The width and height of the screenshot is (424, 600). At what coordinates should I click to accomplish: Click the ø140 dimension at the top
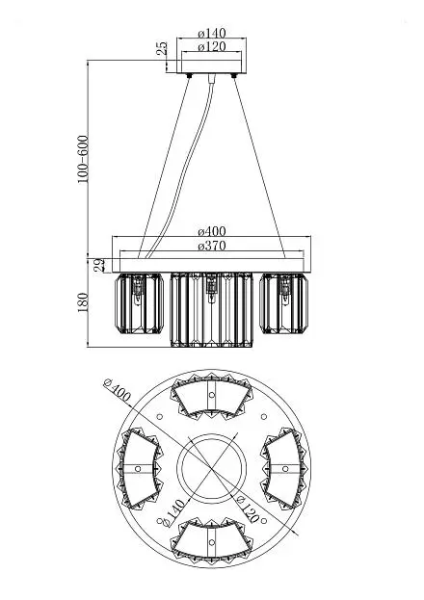(212, 34)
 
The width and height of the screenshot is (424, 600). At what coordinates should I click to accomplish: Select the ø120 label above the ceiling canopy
(212, 47)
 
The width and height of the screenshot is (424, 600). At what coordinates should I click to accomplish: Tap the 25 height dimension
(163, 48)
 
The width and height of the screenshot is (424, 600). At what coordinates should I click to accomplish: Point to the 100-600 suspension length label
(83, 159)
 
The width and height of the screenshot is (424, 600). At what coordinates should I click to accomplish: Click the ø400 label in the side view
(212, 231)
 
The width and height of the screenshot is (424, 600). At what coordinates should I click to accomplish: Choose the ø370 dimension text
(212, 246)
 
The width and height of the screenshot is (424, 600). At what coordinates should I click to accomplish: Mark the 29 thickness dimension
(99, 265)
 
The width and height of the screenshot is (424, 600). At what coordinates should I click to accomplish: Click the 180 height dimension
(83, 302)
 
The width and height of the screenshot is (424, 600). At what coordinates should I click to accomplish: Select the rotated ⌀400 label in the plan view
(118, 391)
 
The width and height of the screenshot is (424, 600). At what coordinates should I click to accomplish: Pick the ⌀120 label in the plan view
(248, 509)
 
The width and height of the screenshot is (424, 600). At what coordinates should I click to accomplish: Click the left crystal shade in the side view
(140, 303)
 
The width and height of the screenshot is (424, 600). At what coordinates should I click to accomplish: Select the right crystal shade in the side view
(284, 303)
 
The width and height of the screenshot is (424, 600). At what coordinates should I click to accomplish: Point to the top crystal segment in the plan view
(212, 397)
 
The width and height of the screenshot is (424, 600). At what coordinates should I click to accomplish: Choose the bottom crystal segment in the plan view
(212, 540)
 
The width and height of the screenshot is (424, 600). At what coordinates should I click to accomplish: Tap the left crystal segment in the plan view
(139, 469)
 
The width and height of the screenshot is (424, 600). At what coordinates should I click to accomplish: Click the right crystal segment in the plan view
(284, 469)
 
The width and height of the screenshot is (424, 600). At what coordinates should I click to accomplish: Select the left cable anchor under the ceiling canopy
(189, 76)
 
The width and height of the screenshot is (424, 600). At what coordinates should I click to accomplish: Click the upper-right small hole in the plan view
(263, 417)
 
